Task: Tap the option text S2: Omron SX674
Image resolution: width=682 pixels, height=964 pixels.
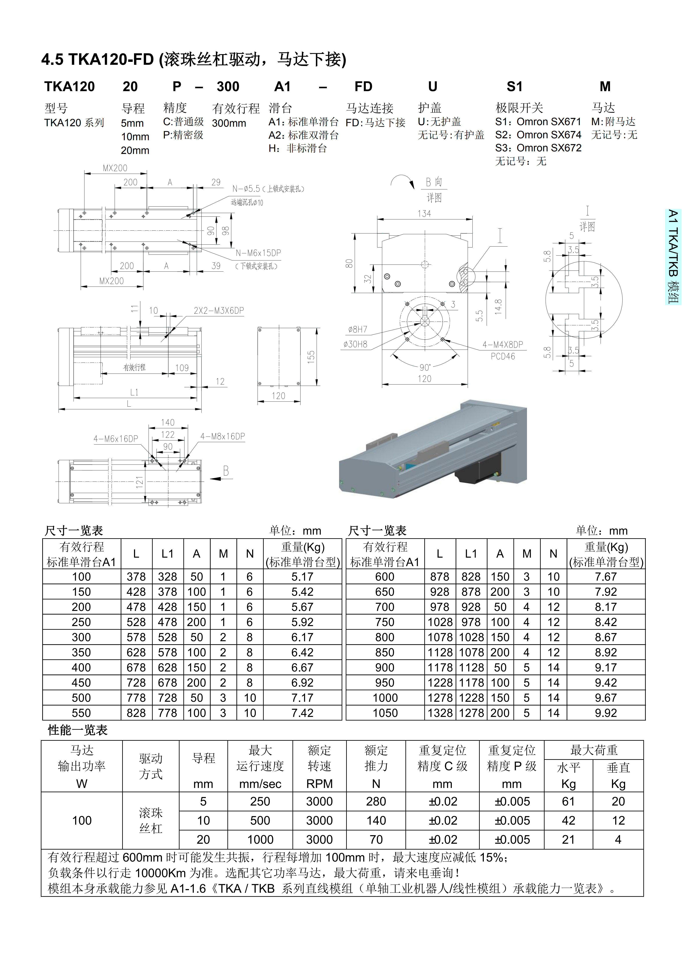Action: tap(538, 135)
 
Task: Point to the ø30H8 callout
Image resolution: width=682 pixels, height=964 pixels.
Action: tap(355, 344)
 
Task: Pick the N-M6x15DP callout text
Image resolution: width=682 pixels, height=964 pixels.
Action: tap(258, 253)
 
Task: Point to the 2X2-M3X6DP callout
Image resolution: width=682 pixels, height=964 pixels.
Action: tap(218, 311)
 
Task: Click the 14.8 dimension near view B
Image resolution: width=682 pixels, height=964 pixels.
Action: tap(498, 307)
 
